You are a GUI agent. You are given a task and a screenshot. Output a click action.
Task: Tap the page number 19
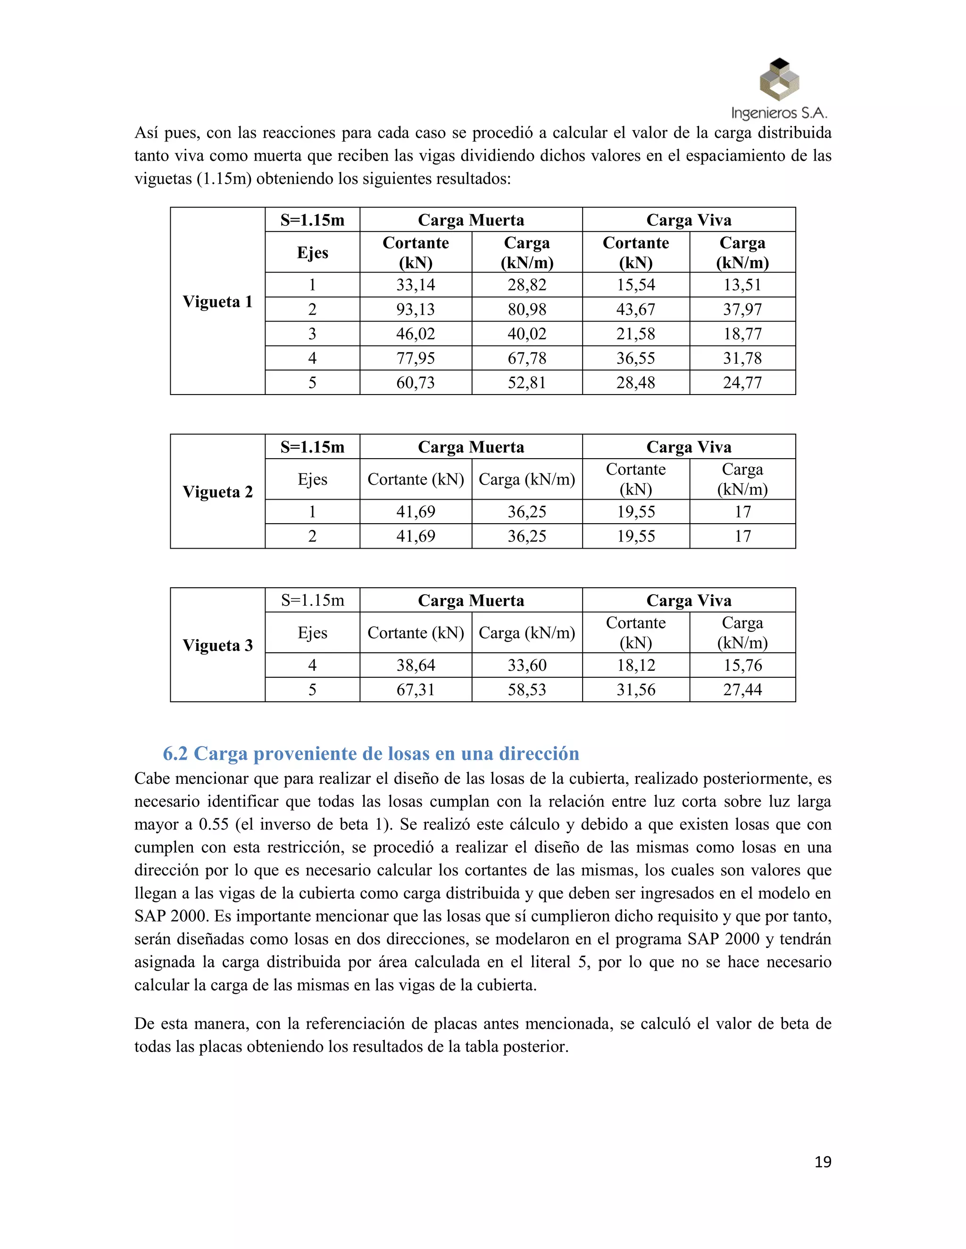click(x=822, y=1162)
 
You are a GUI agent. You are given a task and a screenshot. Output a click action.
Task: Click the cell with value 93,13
click(x=416, y=309)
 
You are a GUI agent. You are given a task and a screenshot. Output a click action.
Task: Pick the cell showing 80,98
click(x=526, y=309)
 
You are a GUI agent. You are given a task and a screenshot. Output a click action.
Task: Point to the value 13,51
click(x=742, y=285)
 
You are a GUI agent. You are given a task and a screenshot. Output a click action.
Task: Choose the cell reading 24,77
click(x=742, y=383)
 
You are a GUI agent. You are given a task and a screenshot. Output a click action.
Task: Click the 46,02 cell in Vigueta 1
click(x=416, y=334)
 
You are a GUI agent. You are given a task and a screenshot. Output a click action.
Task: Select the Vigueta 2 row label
click(x=217, y=492)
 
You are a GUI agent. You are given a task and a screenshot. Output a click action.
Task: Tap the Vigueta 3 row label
click(x=217, y=646)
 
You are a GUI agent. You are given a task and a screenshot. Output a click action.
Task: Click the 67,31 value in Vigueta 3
click(x=416, y=690)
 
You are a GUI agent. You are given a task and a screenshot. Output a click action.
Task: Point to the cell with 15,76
click(x=742, y=665)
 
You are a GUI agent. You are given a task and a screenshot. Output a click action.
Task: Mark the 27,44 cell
click(x=742, y=690)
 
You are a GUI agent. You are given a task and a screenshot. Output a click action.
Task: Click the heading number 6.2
click(x=175, y=754)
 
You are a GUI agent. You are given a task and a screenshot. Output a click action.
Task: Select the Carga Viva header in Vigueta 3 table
click(x=689, y=600)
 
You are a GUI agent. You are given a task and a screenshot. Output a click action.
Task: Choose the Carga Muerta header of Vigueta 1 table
click(x=470, y=220)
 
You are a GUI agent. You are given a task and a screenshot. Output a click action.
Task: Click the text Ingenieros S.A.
click(x=779, y=113)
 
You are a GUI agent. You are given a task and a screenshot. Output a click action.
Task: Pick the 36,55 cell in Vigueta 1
click(x=636, y=359)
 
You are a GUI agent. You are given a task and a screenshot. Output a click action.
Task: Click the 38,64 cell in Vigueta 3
click(x=416, y=665)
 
